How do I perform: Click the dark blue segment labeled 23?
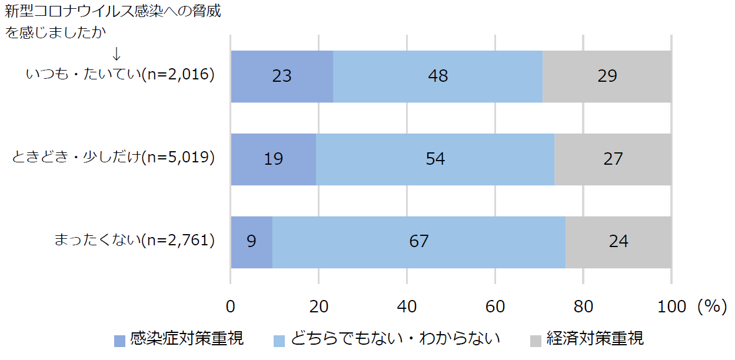point(282,76)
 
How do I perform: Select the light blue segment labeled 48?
point(438,76)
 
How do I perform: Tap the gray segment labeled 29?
point(607,76)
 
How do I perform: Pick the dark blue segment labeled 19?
point(274,159)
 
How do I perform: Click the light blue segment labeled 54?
point(435,159)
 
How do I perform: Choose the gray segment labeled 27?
point(613,159)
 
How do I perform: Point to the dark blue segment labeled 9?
point(251,242)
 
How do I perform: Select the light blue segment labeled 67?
point(419,242)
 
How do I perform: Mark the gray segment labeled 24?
point(618,242)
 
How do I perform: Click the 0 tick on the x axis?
point(231,306)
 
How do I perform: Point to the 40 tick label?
point(407,306)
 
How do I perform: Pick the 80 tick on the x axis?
point(583,306)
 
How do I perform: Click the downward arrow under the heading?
point(117,54)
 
